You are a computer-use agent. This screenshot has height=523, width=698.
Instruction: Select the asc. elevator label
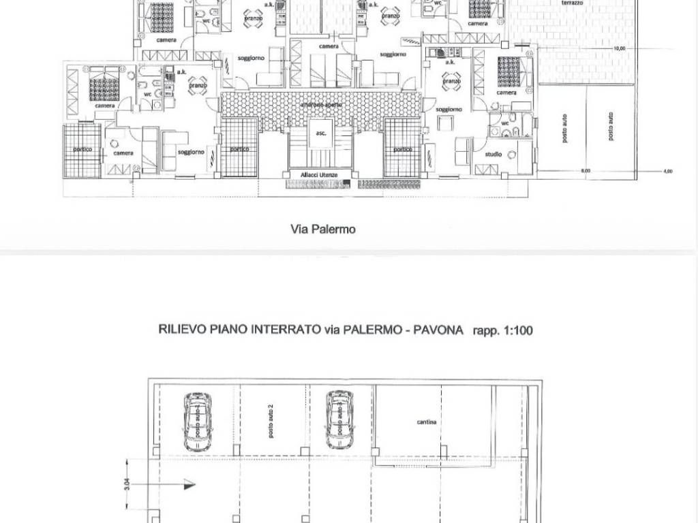pyautogui.click(x=321, y=133)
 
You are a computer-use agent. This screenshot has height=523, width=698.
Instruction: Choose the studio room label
pyautogui.click(x=494, y=155)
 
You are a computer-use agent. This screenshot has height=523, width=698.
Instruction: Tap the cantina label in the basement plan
pyautogui.click(x=427, y=422)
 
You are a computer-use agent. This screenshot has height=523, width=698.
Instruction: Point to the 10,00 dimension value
pyautogui.click(x=619, y=49)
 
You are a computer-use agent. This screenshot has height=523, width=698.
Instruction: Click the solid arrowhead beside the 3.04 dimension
pyautogui.click(x=185, y=486)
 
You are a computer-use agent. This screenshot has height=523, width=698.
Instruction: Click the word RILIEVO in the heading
pyautogui.click(x=179, y=331)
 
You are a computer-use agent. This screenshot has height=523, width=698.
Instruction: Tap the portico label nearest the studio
pyautogui.click(x=402, y=149)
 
